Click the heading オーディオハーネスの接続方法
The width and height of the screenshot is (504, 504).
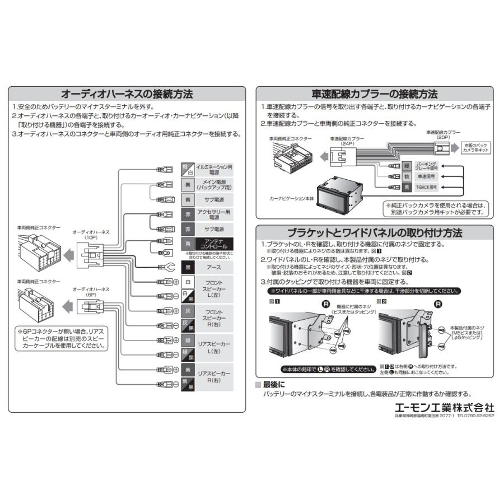pyautogui.click(x=127, y=94)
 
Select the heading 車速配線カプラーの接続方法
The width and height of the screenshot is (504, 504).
pyautogui.click(x=375, y=94)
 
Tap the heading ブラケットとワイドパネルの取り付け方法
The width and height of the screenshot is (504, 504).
pyautogui.click(x=375, y=232)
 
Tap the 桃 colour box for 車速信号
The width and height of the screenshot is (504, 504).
pyautogui.click(x=407, y=176)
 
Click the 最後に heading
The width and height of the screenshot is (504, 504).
pyautogui.click(x=273, y=385)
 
